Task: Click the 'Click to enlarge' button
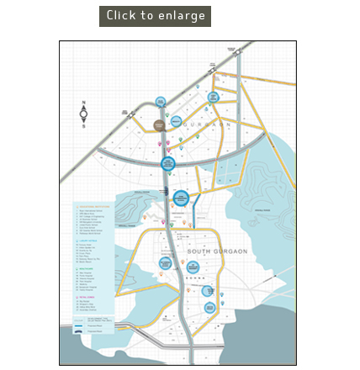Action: [x=155, y=16]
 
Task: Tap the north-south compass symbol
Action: [x=83, y=115]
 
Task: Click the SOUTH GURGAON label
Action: [x=217, y=251]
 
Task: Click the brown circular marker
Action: [x=159, y=125]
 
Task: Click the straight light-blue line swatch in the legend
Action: [x=79, y=325]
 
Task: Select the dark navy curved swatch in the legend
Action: [x=79, y=331]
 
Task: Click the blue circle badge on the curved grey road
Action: [x=168, y=163]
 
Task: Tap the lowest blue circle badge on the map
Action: [x=209, y=308]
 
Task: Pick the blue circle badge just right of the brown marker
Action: [x=177, y=121]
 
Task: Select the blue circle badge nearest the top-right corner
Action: [x=214, y=98]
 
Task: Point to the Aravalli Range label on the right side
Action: [x=262, y=210]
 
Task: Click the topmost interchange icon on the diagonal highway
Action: [x=238, y=52]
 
